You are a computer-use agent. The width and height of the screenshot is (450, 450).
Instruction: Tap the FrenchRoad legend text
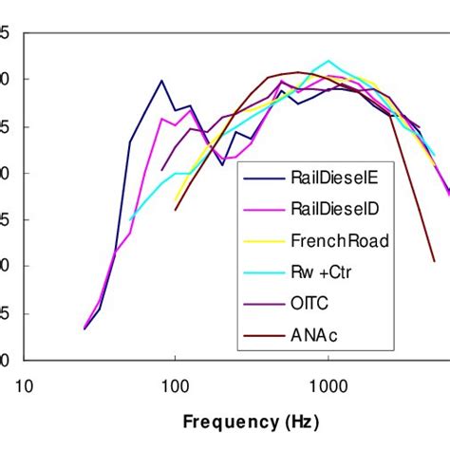[x=338, y=241]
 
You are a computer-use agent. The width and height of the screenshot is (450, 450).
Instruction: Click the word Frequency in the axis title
[x=230, y=420]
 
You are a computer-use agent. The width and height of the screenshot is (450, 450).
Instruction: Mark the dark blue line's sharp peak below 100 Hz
[x=161, y=81]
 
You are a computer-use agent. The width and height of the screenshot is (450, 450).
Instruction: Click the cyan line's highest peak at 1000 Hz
[x=328, y=61]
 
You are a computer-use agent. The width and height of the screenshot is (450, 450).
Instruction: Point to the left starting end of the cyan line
[x=130, y=220]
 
